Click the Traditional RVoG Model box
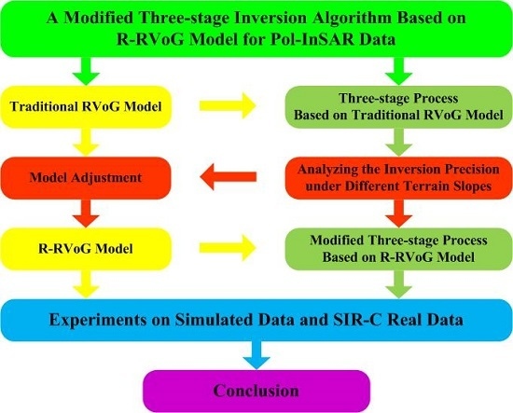[86, 106]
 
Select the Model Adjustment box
[86, 178]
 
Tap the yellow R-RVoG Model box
[86, 249]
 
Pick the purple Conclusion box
[256, 391]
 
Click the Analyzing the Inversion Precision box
[398, 178]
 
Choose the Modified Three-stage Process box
[398, 249]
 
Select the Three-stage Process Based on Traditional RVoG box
[398, 106]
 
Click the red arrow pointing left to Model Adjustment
[228, 177]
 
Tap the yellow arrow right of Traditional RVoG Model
[228, 105]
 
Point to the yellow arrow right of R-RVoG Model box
[228, 248]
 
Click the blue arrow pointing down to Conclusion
[256, 355]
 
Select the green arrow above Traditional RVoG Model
[86, 71]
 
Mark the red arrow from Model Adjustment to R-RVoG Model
[86, 213]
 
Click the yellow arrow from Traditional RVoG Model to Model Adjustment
[86, 143]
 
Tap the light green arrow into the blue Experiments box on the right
[398, 284]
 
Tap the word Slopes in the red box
[471, 186]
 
